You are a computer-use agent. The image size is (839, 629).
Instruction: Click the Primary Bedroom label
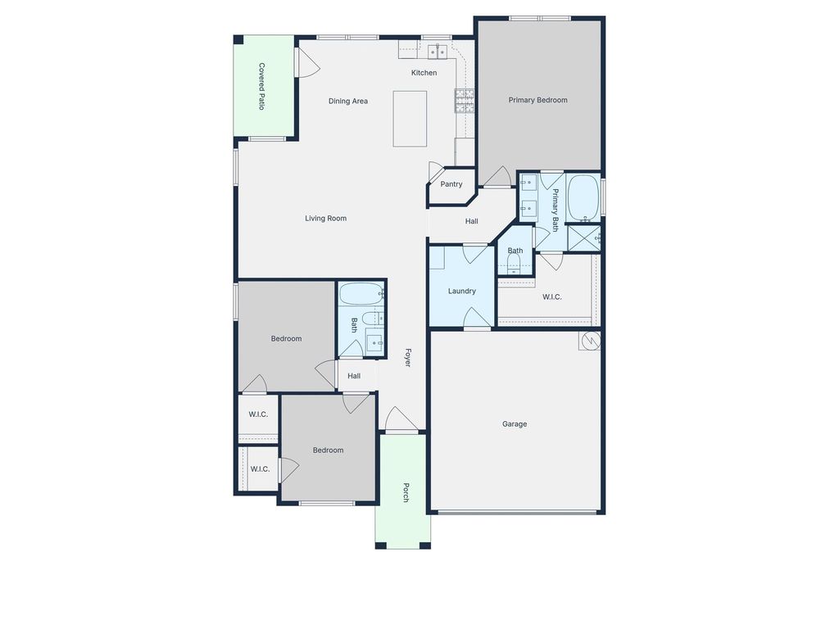[537, 100]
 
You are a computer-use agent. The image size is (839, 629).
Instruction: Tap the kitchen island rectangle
[410, 119]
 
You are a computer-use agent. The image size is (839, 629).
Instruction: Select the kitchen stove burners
[465, 101]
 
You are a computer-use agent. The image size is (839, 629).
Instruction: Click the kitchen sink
[438, 52]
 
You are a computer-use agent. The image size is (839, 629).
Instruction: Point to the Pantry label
[451, 184]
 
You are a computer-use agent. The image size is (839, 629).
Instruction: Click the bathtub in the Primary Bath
[583, 198]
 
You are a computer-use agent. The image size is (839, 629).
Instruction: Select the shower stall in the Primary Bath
[583, 238]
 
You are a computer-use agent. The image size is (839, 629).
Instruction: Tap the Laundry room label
[462, 291]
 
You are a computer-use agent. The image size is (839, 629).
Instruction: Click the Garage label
[515, 424]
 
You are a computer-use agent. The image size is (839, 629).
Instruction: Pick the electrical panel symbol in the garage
[590, 341]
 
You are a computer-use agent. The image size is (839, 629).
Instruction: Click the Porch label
[406, 492]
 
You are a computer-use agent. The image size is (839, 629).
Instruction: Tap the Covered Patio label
[261, 87]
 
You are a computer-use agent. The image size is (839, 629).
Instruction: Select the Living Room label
[326, 218]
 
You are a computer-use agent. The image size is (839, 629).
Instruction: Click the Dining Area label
[347, 101]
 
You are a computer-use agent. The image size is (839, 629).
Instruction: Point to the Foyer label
[408, 358]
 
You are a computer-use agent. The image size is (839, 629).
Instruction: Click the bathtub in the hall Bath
[361, 294]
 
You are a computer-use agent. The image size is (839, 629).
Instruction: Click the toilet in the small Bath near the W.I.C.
[514, 264]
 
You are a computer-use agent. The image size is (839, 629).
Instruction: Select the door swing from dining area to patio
[309, 62]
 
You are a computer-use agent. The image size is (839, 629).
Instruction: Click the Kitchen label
[424, 73]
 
